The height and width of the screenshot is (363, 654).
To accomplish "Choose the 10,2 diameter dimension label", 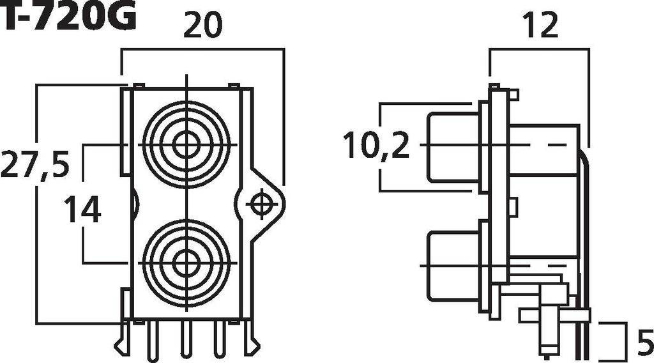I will click(376, 146).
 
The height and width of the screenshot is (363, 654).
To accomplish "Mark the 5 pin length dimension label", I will click(644, 339).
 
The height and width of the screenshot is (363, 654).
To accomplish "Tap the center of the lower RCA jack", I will click(186, 263).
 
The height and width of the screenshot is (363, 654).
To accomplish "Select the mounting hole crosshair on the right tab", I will click(260, 205).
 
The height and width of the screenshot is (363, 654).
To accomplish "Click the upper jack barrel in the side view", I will click(452, 146).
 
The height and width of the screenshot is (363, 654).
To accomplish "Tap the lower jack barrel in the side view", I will click(452, 265).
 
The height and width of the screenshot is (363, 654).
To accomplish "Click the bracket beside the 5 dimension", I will click(614, 339).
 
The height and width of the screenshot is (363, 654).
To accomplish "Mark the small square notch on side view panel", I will click(512, 206).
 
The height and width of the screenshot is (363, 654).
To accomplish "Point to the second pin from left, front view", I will click(153, 339).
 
